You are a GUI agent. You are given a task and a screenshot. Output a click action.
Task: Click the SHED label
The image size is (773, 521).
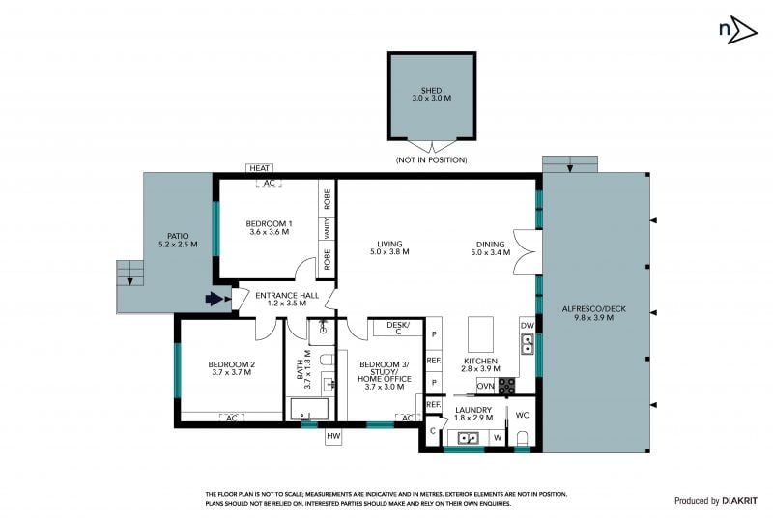(x=431, y=90)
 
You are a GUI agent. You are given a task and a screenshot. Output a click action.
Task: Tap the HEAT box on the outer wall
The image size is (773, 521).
(x=259, y=168)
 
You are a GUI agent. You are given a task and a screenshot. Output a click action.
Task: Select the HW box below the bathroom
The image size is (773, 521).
(x=333, y=436)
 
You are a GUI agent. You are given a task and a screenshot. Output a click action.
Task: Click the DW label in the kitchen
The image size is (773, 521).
(x=528, y=326)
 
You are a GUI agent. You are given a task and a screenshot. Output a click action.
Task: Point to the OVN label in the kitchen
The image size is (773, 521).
(x=486, y=386)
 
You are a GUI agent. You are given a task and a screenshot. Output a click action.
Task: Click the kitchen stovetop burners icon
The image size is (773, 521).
(x=506, y=386)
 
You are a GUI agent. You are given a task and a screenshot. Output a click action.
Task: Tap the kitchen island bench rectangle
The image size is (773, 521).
(x=480, y=334)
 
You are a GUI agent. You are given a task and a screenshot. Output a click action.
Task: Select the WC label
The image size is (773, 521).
(x=522, y=415)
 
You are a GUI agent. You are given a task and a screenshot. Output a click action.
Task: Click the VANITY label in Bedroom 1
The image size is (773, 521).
(x=328, y=229)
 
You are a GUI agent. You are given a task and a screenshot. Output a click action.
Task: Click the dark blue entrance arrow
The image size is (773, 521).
(x=214, y=299)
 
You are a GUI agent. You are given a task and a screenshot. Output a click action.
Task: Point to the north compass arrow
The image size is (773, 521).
(x=742, y=30)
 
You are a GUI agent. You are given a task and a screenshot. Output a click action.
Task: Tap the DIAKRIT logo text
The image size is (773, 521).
(x=739, y=501)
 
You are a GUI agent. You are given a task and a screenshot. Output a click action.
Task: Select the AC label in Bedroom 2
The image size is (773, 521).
(x=232, y=418)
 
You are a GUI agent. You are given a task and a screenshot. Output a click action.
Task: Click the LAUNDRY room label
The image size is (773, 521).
(x=473, y=410)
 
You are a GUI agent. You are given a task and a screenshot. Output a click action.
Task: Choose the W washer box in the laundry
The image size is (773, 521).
(x=498, y=438)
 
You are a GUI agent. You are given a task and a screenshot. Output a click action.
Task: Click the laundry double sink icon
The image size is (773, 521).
(x=467, y=438)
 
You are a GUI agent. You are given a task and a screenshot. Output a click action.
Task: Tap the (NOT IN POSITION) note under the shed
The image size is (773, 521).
(x=431, y=159)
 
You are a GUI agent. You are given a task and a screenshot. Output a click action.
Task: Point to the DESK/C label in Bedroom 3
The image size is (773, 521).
(x=398, y=328)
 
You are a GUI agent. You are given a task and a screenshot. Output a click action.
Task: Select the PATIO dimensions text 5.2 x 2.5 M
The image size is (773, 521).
(x=178, y=245)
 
